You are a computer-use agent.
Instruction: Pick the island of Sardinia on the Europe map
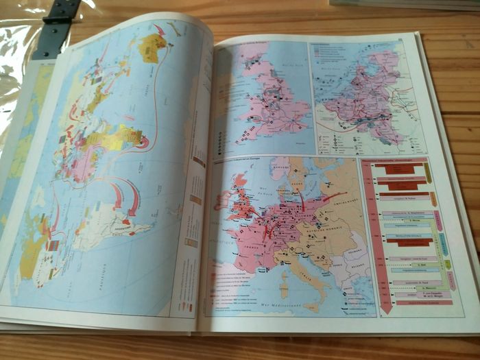tap(285, 279)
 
